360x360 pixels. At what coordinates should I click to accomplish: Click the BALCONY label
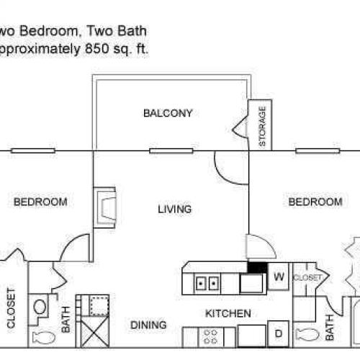tap(168, 112)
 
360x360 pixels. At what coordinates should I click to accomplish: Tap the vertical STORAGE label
tap(262, 126)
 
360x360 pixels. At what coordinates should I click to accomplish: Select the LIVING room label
tap(175, 210)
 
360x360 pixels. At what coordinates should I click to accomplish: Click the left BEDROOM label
tap(40, 202)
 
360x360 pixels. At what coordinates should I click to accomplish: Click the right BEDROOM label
tap(315, 202)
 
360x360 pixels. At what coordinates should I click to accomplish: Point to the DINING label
tap(149, 325)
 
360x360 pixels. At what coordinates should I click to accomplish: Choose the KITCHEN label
tap(228, 314)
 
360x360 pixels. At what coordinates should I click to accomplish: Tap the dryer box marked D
tap(279, 334)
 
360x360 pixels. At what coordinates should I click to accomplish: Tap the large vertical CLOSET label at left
tap(12, 309)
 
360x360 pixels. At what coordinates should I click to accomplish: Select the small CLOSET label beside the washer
tap(307, 276)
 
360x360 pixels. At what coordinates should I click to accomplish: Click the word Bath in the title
tap(135, 30)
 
